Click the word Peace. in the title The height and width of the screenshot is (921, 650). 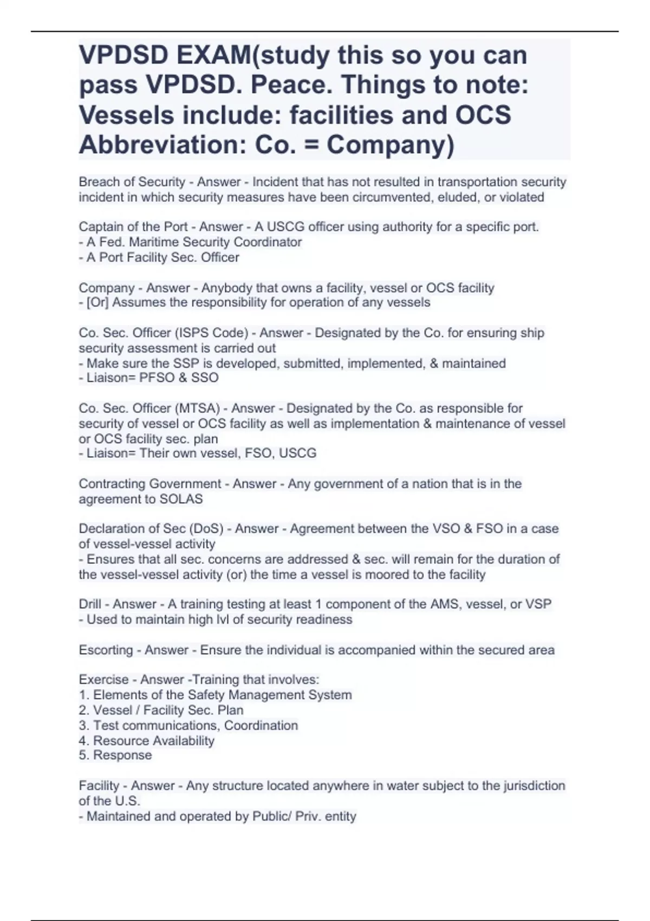291,85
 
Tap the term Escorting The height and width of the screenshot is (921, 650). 106,650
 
